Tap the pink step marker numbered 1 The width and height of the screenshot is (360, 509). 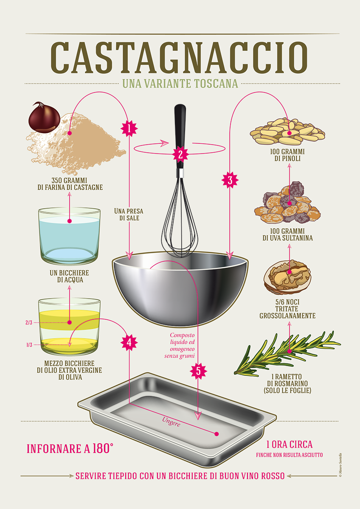click(x=129, y=129)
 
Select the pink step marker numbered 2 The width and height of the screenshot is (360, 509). click(x=180, y=154)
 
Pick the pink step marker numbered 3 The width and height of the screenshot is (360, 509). click(x=230, y=180)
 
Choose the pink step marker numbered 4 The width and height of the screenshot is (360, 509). click(x=129, y=342)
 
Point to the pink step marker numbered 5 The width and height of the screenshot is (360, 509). click(x=198, y=371)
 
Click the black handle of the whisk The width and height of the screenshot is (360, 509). click(x=180, y=136)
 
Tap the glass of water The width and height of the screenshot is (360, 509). click(x=69, y=236)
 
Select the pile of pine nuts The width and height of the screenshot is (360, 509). click(x=287, y=131)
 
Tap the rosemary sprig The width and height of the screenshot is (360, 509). click(x=287, y=353)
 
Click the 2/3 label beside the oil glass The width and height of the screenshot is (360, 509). click(x=29, y=322)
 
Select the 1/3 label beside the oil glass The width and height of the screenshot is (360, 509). click(x=29, y=345)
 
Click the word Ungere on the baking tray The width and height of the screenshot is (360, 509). click(x=171, y=422)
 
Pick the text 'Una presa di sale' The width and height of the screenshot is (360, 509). click(x=129, y=215)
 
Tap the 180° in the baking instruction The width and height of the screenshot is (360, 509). click(x=103, y=449)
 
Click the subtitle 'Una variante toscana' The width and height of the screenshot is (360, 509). click(x=180, y=84)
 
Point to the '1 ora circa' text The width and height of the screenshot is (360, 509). click(x=289, y=445)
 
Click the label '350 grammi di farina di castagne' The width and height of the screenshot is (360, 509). click(x=70, y=184)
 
